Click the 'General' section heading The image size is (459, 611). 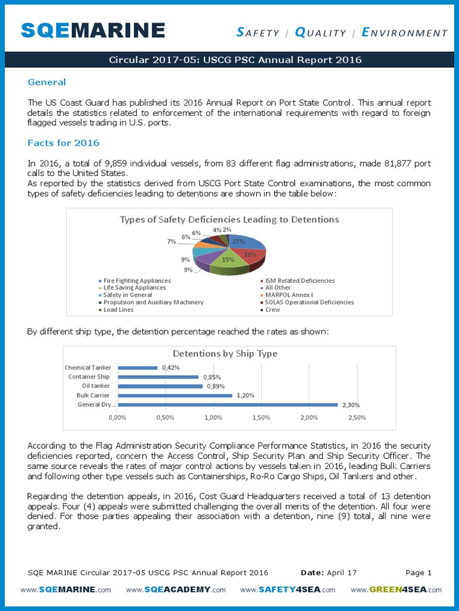point(47,82)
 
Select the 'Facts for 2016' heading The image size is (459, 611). point(63,143)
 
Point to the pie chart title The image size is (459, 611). point(229,220)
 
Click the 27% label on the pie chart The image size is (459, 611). point(239,242)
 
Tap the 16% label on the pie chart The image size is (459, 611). point(250,254)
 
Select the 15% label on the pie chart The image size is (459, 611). point(228,260)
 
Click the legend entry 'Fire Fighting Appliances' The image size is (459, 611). point(137,280)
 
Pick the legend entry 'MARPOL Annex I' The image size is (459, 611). point(289,295)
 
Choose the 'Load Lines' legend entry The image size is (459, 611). point(118,310)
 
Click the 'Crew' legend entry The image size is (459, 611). point(273,310)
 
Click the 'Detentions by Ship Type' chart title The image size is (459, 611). point(225,353)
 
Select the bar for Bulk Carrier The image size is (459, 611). point(175,396)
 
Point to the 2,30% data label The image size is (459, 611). point(350,405)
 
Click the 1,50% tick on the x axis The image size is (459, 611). point(261,417)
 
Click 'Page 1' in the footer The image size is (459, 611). point(418,573)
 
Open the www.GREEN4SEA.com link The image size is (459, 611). point(396,590)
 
